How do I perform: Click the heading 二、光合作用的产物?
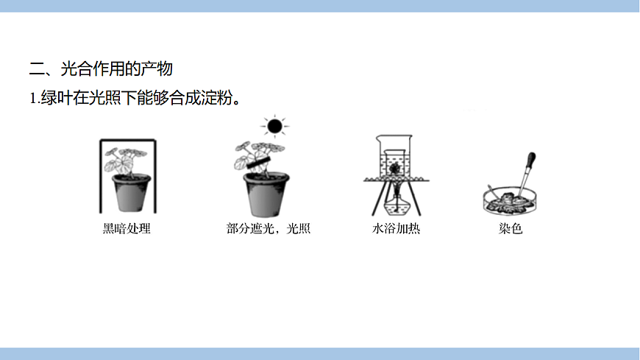(x=101, y=69)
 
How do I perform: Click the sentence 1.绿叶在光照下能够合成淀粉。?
(x=135, y=98)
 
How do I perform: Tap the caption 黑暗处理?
(x=127, y=229)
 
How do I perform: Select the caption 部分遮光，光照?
(x=269, y=229)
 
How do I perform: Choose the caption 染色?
(x=510, y=229)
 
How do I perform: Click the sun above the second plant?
(x=274, y=127)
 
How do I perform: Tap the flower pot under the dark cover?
(x=130, y=194)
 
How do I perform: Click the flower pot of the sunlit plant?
(x=266, y=195)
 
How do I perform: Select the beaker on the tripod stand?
(x=396, y=157)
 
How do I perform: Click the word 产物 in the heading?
(x=158, y=69)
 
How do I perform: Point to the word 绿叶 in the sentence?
(x=51, y=98)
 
